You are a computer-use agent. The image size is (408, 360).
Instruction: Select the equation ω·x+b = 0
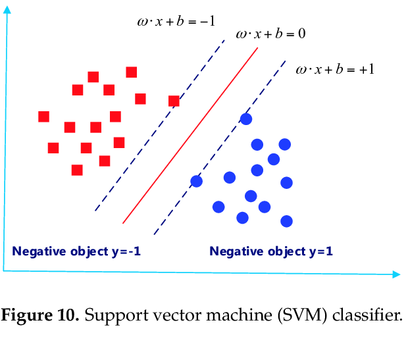click(270, 33)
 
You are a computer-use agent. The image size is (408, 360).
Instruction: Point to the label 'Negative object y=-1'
click(76, 251)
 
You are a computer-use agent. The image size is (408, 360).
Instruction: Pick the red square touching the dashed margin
click(174, 101)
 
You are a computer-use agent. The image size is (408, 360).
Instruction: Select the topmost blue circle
click(246, 118)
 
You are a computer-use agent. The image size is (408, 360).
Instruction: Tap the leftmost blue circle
click(196, 181)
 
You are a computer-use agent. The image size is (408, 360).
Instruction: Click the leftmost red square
click(44, 116)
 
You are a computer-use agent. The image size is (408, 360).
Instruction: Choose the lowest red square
click(77, 170)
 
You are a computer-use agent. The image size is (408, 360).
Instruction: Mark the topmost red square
click(131, 72)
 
